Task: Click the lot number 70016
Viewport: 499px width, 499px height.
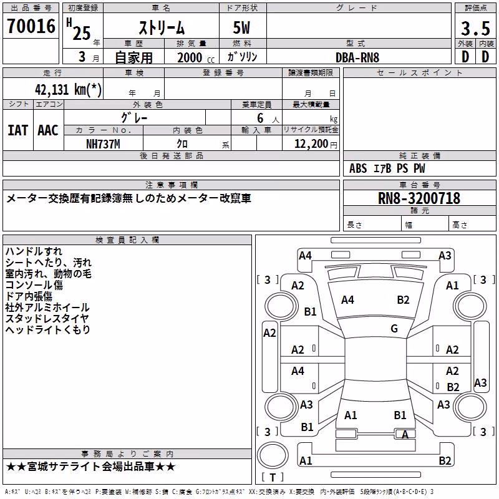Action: click(x=31, y=26)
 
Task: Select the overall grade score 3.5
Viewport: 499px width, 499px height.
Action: click(x=475, y=28)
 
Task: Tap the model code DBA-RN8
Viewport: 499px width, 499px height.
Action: click(x=357, y=57)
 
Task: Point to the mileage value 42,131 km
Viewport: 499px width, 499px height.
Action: click(x=68, y=89)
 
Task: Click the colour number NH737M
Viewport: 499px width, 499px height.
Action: click(x=103, y=144)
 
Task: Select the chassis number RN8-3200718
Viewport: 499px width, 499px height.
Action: click(x=419, y=198)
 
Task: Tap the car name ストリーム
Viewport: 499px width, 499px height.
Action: click(x=162, y=28)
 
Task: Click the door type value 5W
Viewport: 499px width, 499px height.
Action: click(x=241, y=28)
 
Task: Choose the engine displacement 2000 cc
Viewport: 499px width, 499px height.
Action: click(x=196, y=57)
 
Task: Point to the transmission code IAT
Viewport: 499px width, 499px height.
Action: click(x=18, y=130)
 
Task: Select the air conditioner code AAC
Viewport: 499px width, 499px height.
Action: click(x=48, y=130)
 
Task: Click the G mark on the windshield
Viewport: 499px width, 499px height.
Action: click(x=394, y=329)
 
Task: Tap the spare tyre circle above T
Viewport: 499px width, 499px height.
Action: click(x=273, y=455)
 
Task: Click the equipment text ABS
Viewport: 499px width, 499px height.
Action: click(x=358, y=168)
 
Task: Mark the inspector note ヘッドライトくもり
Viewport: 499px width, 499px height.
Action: click(x=48, y=330)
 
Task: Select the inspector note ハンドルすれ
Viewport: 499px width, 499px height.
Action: click(x=34, y=251)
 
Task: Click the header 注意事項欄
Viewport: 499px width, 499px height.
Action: click(x=172, y=185)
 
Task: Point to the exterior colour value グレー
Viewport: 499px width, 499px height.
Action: click(x=134, y=118)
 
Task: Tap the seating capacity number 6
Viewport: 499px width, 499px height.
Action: click(x=260, y=118)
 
